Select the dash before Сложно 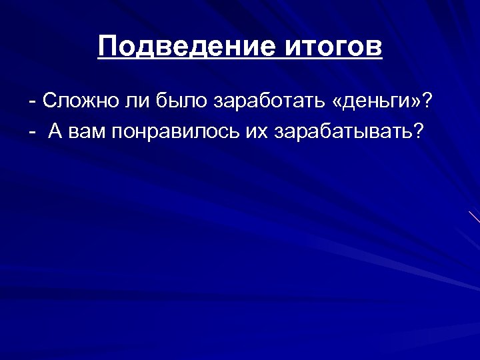click(33, 103)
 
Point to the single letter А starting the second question click(55, 130)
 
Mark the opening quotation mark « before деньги click(336, 103)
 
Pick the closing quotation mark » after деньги click(415, 103)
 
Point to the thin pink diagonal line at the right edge click(474, 216)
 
